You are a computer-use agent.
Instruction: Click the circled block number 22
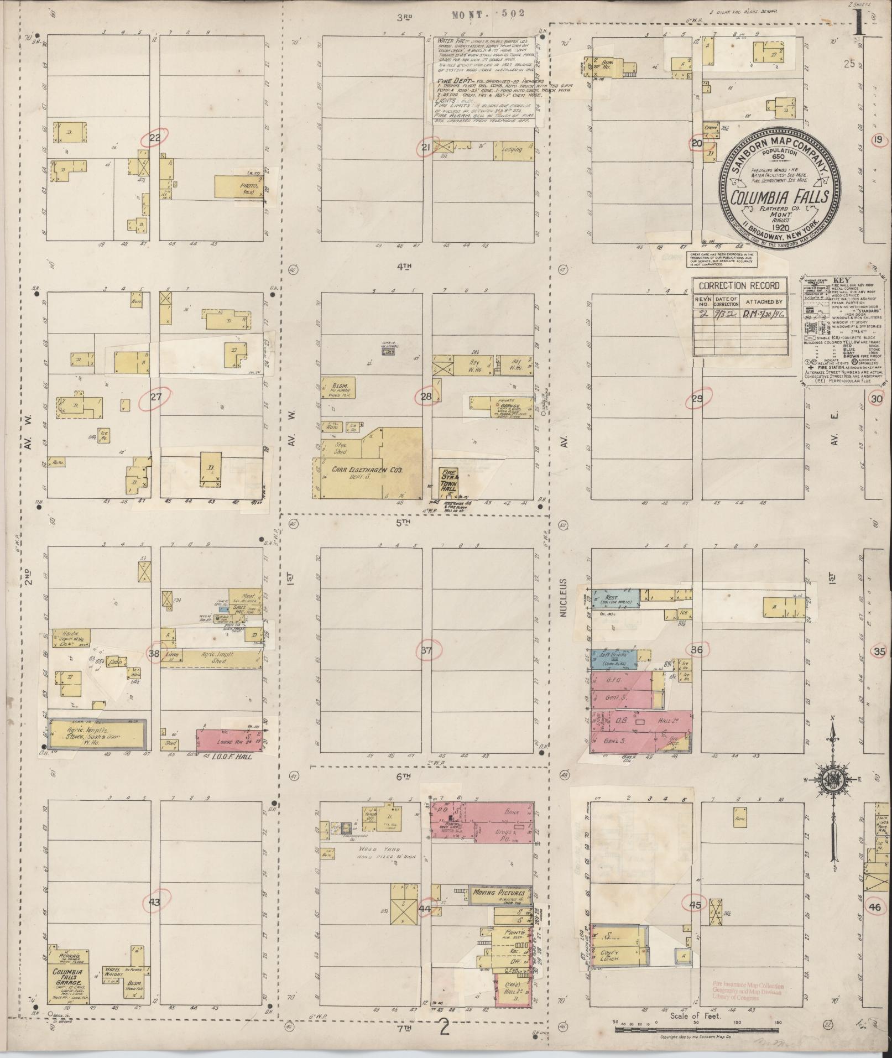(154, 139)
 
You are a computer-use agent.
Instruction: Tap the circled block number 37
(425, 650)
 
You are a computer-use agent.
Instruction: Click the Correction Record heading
(739, 286)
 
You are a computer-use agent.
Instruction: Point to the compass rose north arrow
(833, 736)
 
